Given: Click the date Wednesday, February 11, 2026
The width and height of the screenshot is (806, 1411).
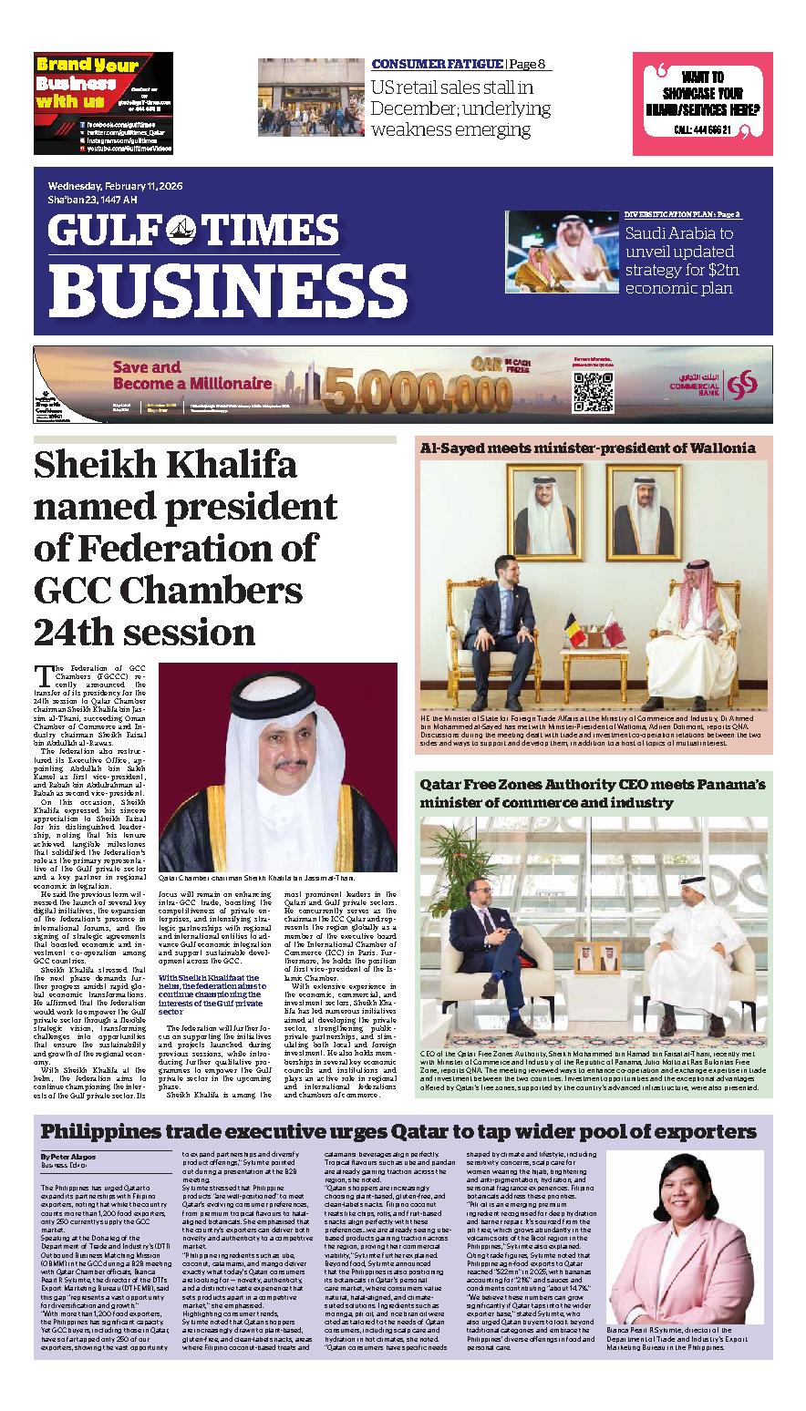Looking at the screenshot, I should (116, 186).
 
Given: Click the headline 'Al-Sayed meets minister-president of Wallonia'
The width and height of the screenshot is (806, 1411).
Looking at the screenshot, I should (587, 448).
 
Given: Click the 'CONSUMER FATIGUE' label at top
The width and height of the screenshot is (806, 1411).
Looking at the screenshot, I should (437, 64).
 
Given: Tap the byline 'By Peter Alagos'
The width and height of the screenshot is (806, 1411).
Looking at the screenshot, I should (67, 1157).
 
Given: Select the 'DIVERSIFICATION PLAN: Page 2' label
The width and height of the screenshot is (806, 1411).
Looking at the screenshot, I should (682, 214).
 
